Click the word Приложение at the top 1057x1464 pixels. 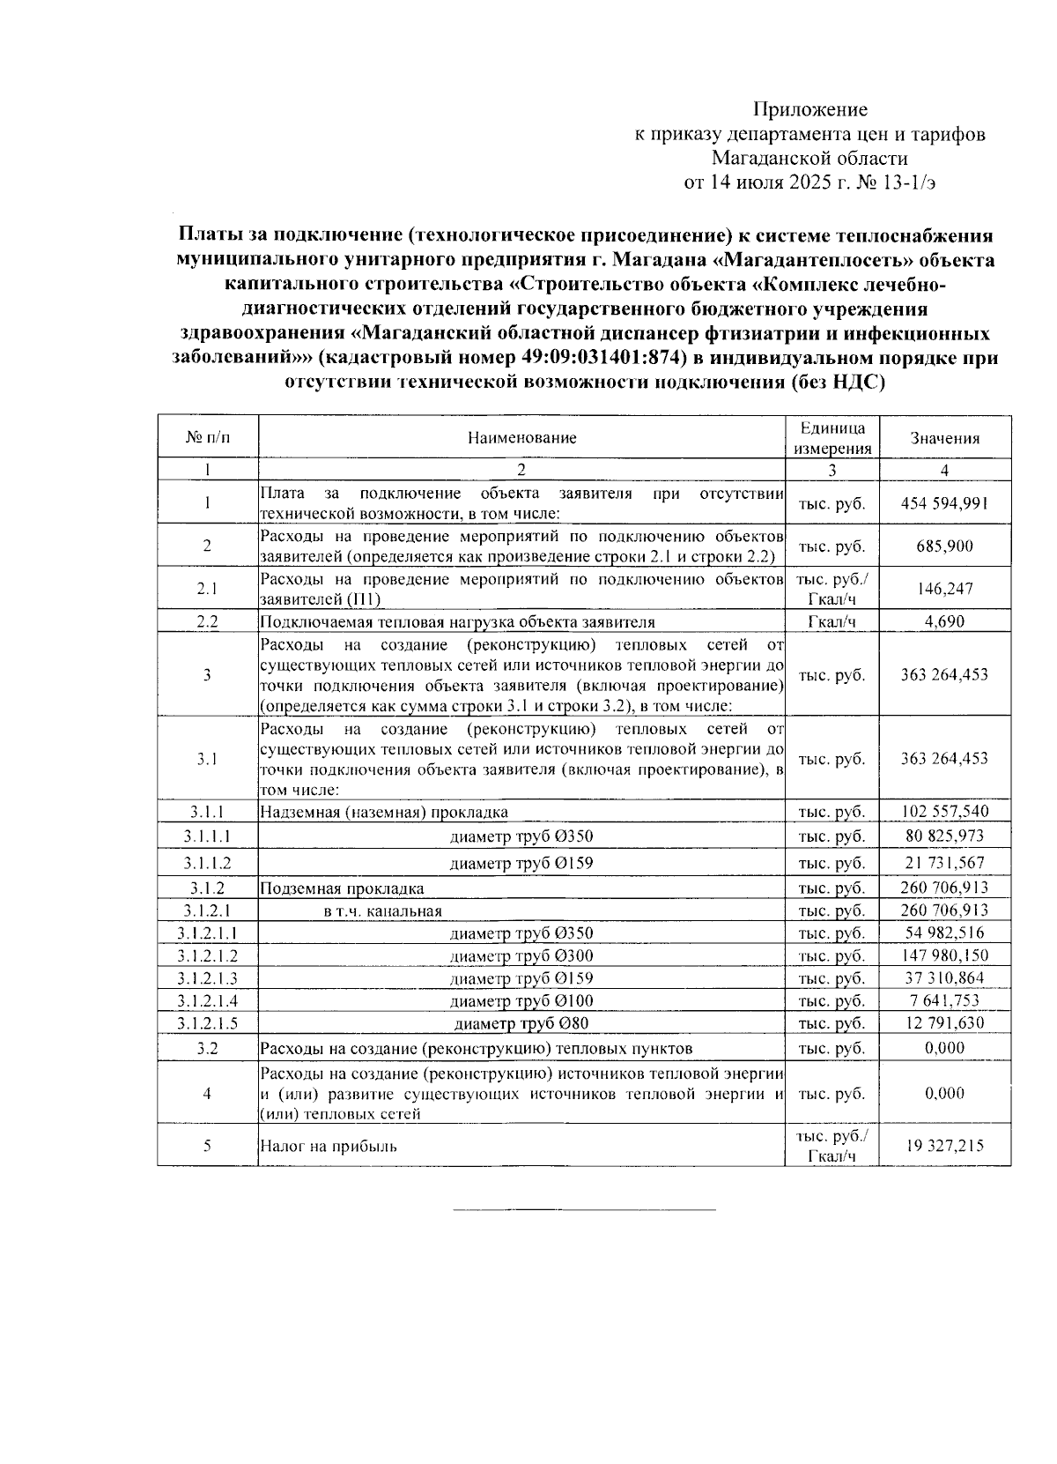pos(809,109)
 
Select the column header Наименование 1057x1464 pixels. pos(521,438)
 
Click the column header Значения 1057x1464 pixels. pos(944,438)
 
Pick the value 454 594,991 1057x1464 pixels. pos(944,503)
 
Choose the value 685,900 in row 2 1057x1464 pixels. pos(944,546)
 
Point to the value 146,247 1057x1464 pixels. pos(944,589)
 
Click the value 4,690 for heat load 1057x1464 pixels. pos(944,621)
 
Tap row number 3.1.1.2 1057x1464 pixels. pos(207,863)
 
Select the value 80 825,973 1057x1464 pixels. pos(944,836)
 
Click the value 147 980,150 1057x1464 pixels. pos(944,955)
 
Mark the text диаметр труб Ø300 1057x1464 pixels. pos(521,956)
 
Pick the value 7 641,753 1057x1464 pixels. pos(944,1001)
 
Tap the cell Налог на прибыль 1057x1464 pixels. pos(328,1147)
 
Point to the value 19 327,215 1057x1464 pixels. pos(944,1146)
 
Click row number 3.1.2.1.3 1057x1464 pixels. pos(207,978)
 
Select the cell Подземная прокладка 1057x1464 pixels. pos(342,888)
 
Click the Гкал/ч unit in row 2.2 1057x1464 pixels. pos(832,621)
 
